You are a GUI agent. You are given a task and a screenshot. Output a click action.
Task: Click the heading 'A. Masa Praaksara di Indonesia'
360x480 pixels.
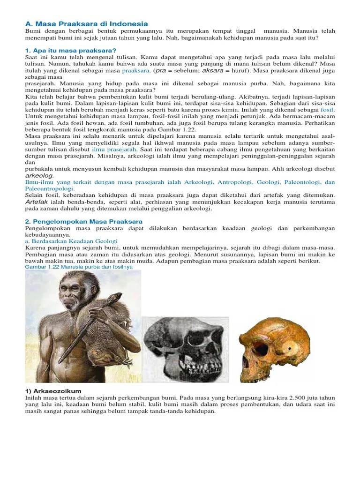pyautogui.click(x=86, y=23)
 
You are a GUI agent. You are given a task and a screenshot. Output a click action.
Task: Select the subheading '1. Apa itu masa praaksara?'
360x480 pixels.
pyautogui.click(x=70, y=50)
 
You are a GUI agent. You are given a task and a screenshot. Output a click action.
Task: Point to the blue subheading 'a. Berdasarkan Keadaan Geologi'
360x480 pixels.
pyautogui.click(x=71, y=241)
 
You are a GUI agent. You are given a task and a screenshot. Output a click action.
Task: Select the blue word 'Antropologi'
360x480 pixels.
pyautogui.click(x=238, y=182)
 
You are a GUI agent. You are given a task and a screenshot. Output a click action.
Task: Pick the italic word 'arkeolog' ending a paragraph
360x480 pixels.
pyautogui.click(x=39, y=175)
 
